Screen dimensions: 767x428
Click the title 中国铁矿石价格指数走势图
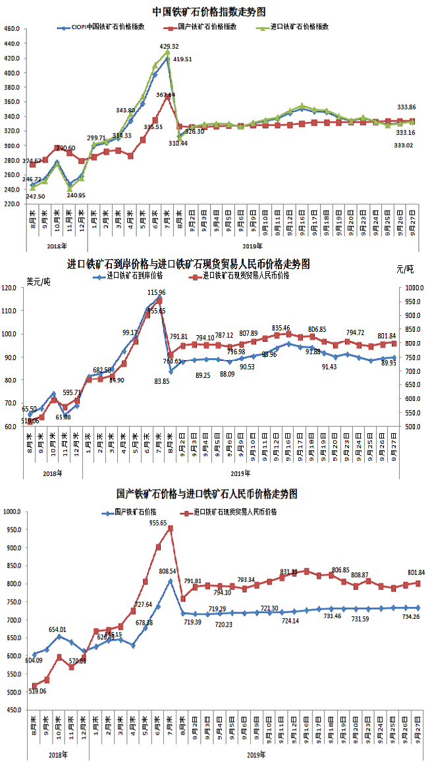tap(209, 11)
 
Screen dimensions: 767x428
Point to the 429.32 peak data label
tap(169, 46)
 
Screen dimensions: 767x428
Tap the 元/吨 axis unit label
tap(406, 270)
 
